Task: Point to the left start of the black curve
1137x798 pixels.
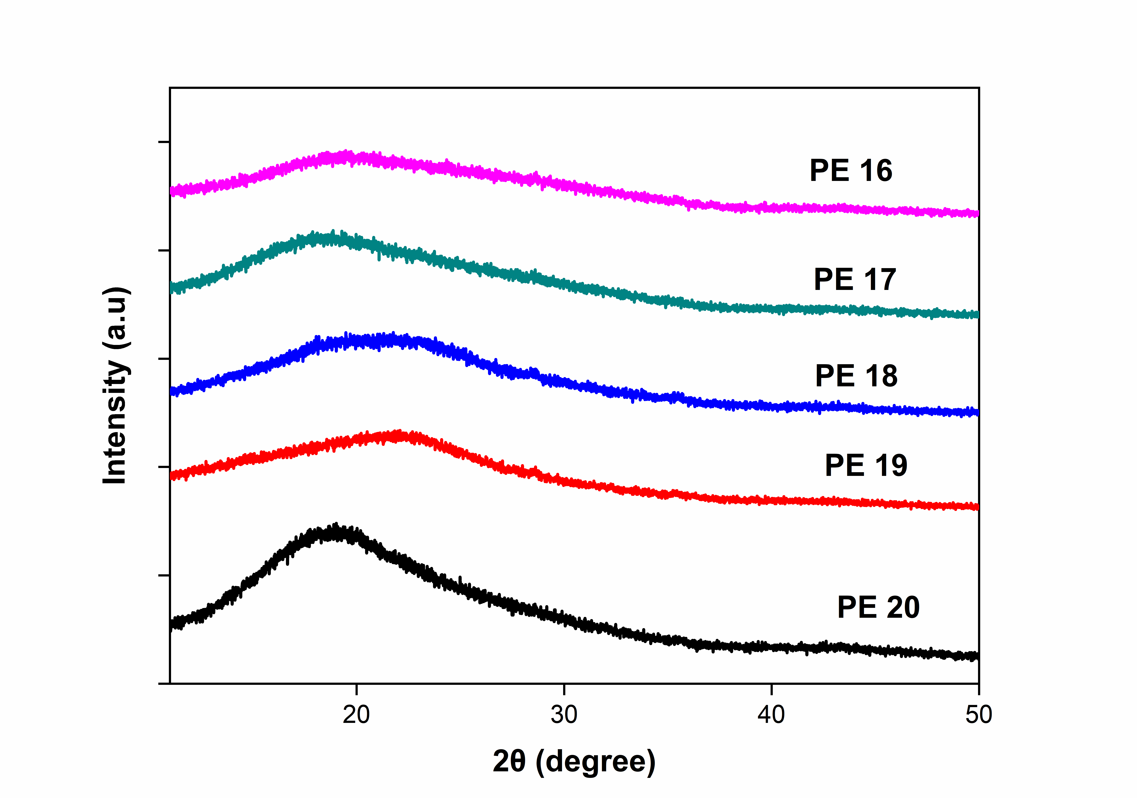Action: [171, 625]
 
